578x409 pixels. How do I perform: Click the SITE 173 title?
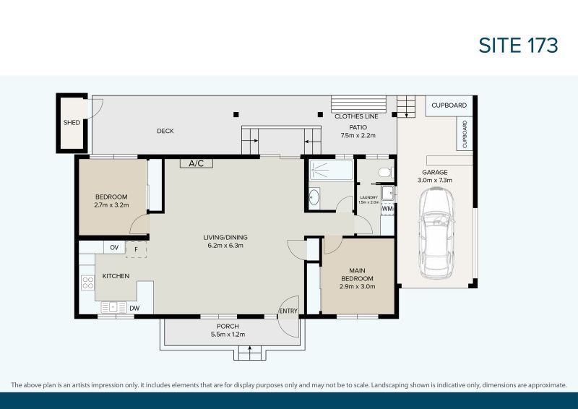click(519, 45)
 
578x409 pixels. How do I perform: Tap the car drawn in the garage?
click(437, 231)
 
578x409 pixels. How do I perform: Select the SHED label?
click(72, 123)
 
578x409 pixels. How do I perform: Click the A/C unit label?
click(197, 163)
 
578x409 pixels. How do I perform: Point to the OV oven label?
click(114, 248)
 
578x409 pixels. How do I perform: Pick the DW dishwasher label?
click(134, 309)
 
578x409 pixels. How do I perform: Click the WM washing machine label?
click(387, 209)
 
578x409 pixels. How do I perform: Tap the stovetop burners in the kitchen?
click(87, 283)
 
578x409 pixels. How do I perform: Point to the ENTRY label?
click(288, 311)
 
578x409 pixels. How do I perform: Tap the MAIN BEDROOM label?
click(357, 275)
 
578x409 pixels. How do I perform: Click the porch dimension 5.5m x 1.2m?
click(228, 335)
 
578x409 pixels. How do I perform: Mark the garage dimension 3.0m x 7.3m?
click(436, 180)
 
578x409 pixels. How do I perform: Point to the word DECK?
click(165, 131)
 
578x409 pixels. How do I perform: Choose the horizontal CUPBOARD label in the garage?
click(449, 106)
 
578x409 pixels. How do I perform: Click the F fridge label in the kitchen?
click(135, 249)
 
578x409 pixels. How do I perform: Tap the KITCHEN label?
click(116, 277)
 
